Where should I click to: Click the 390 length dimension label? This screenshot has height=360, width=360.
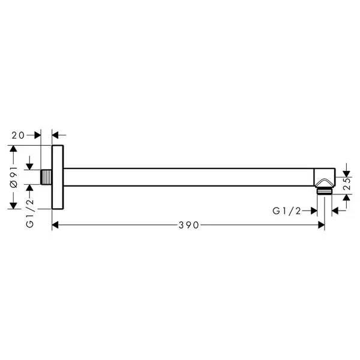[x=188, y=225]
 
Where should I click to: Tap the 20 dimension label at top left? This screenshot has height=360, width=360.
[x=18, y=135]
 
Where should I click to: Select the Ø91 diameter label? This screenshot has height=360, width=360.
[x=14, y=177]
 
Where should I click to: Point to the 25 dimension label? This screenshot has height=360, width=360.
[x=347, y=184]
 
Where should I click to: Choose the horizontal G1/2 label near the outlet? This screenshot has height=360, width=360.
[x=287, y=211]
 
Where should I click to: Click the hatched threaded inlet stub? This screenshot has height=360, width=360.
[x=46, y=177]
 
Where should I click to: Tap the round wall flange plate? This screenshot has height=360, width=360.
[x=58, y=177]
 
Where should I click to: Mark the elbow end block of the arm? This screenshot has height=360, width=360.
[x=325, y=177]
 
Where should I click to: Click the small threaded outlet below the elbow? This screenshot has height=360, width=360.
[x=325, y=191]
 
